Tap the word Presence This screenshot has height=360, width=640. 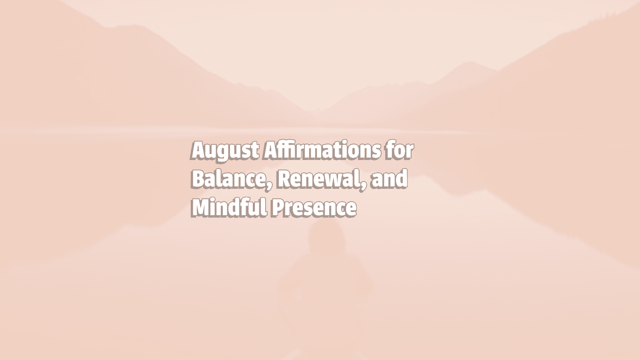tap(314, 208)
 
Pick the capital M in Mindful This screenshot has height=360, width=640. tap(200, 208)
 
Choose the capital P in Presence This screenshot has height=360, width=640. tap(278, 208)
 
